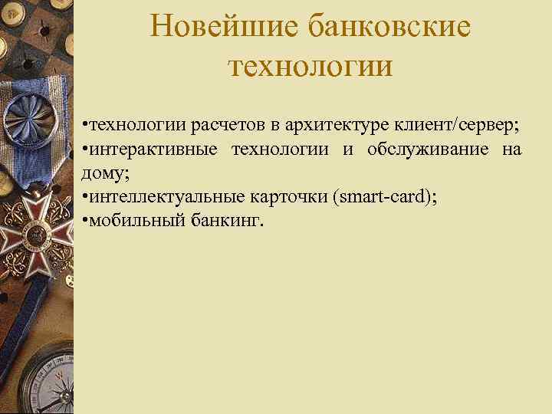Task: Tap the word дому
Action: pyautogui.click(x=103, y=172)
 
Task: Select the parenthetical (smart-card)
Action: pyautogui.click(x=383, y=197)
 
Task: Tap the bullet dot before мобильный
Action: pyautogui.click(x=85, y=222)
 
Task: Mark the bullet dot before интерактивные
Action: pyautogui.click(x=85, y=149)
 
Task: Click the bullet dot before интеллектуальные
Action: pyautogui.click(x=85, y=198)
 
